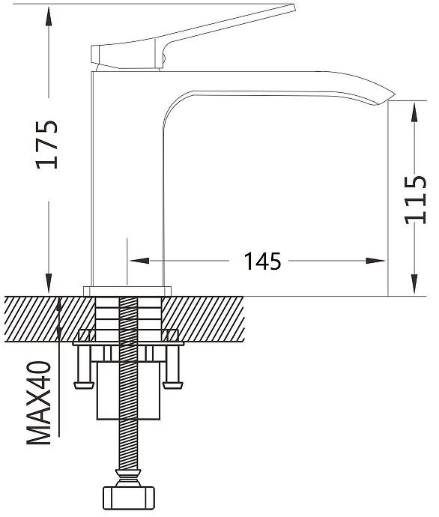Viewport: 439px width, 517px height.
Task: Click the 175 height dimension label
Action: pos(46,145)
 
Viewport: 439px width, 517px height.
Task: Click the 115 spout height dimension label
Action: pos(415,200)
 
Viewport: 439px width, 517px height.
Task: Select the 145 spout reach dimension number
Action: pos(262,261)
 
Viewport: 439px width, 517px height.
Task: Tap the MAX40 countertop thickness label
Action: pos(39,402)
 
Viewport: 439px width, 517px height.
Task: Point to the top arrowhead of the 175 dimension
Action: pos(49,16)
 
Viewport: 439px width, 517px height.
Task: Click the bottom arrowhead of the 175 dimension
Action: pos(49,282)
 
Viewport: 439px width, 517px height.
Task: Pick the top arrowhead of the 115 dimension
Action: pos(414,112)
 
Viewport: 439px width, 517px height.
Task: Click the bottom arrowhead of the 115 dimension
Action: pos(414,283)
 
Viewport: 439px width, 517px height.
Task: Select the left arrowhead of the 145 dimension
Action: pos(139,261)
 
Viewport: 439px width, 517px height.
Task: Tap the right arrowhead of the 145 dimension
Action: pos(375,261)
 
